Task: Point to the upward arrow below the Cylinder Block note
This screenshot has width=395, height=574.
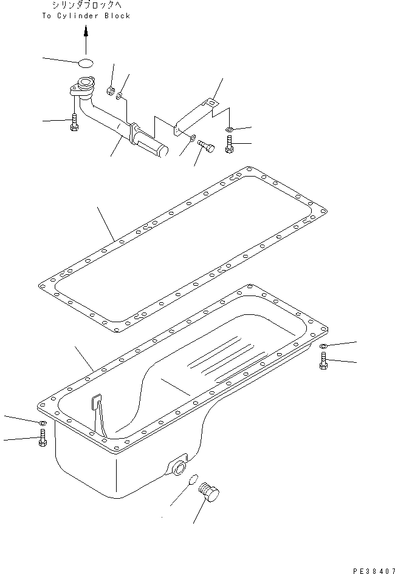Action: point(86,38)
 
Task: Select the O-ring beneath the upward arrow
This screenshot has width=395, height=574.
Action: point(86,62)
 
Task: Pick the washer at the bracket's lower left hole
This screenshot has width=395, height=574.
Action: point(192,140)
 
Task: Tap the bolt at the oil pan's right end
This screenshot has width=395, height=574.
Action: point(322,363)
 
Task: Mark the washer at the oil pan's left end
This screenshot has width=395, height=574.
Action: point(42,422)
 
